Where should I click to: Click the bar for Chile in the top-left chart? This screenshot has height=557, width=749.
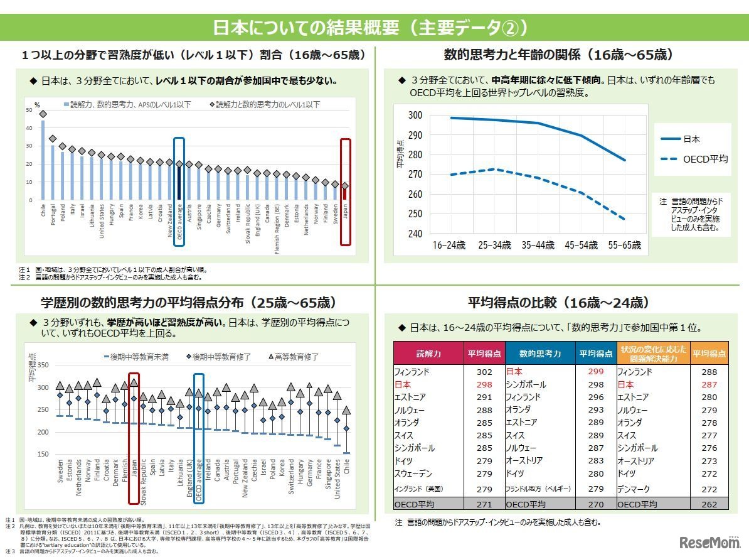coord(43,161)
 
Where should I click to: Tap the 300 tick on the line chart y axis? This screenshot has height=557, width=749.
coord(415,115)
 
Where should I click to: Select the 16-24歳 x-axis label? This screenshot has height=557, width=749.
coord(449,246)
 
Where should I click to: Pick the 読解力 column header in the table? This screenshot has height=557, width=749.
coord(428,353)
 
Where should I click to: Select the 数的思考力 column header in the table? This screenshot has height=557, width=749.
coord(539,353)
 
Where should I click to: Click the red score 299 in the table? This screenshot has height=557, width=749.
coord(596,372)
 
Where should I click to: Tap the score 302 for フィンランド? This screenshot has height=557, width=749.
coord(484,372)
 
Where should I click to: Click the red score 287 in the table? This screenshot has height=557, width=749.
coord(709,384)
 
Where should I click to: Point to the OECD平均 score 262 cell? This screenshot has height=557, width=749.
coord(709,504)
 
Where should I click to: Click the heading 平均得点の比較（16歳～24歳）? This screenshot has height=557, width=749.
coord(558,303)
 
